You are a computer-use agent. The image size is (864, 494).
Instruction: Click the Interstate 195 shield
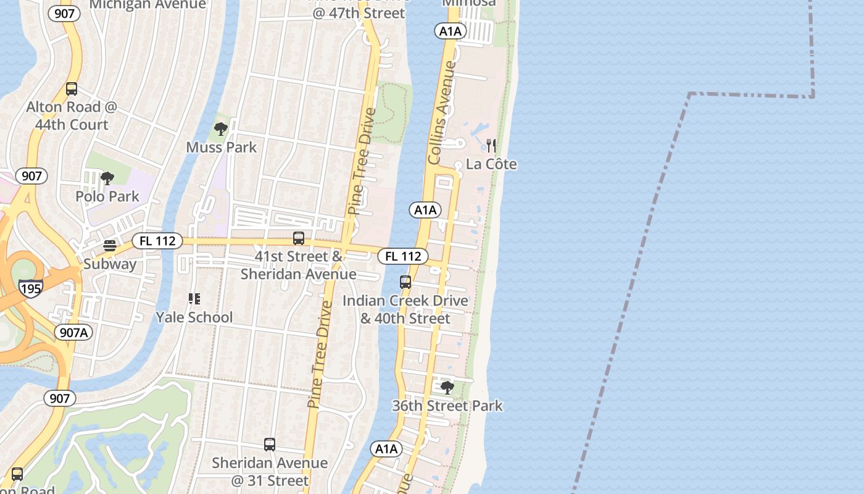coord(30,288)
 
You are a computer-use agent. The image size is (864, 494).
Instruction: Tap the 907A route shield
coord(75,332)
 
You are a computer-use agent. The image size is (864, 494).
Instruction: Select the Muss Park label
coord(221,148)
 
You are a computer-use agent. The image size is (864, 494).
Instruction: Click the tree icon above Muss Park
coord(220,129)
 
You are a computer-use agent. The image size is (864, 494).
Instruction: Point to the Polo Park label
coord(107,196)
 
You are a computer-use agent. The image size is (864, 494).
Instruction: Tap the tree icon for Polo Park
coord(107,179)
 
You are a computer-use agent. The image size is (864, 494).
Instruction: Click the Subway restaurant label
coord(110,264)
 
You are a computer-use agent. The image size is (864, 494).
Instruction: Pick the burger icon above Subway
coord(110,246)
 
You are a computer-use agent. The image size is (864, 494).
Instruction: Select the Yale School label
coord(194,317)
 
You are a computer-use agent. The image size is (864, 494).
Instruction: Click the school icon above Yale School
coord(194,299)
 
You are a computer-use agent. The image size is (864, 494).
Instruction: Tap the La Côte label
coord(491,164)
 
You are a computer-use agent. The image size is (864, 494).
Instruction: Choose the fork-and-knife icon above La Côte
coord(491,146)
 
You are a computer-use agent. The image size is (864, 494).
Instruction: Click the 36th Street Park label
coord(447,406)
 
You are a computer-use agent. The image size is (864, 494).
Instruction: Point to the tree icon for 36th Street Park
coord(447,388)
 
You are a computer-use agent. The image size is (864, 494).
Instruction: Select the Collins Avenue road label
coord(442,112)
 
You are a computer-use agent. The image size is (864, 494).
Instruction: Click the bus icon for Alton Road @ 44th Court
coord(72,89)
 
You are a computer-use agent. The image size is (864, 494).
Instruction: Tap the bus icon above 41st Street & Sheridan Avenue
coord(299,238)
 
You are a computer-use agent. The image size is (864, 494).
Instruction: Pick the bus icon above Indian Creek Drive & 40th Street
coord(405,282)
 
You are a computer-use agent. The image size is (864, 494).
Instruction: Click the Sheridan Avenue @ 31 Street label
coord(270,471)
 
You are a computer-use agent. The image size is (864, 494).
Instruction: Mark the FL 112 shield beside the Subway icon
coord(157,241)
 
